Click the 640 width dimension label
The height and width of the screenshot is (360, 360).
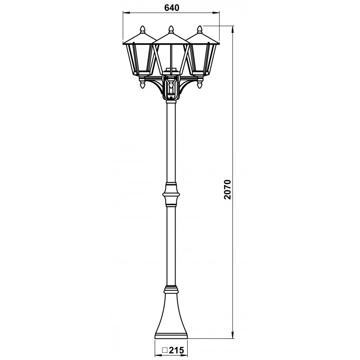point(171,8)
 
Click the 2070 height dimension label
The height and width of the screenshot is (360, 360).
point(228,189)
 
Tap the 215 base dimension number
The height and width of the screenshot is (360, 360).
point(176,350)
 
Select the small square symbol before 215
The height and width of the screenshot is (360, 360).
point(165,351)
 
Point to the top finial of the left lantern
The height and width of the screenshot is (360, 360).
point(143,29)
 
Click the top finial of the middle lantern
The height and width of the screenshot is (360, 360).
point(171,29)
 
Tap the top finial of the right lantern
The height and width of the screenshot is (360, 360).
point(200,29)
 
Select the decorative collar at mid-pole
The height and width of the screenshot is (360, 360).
point(171,194)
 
